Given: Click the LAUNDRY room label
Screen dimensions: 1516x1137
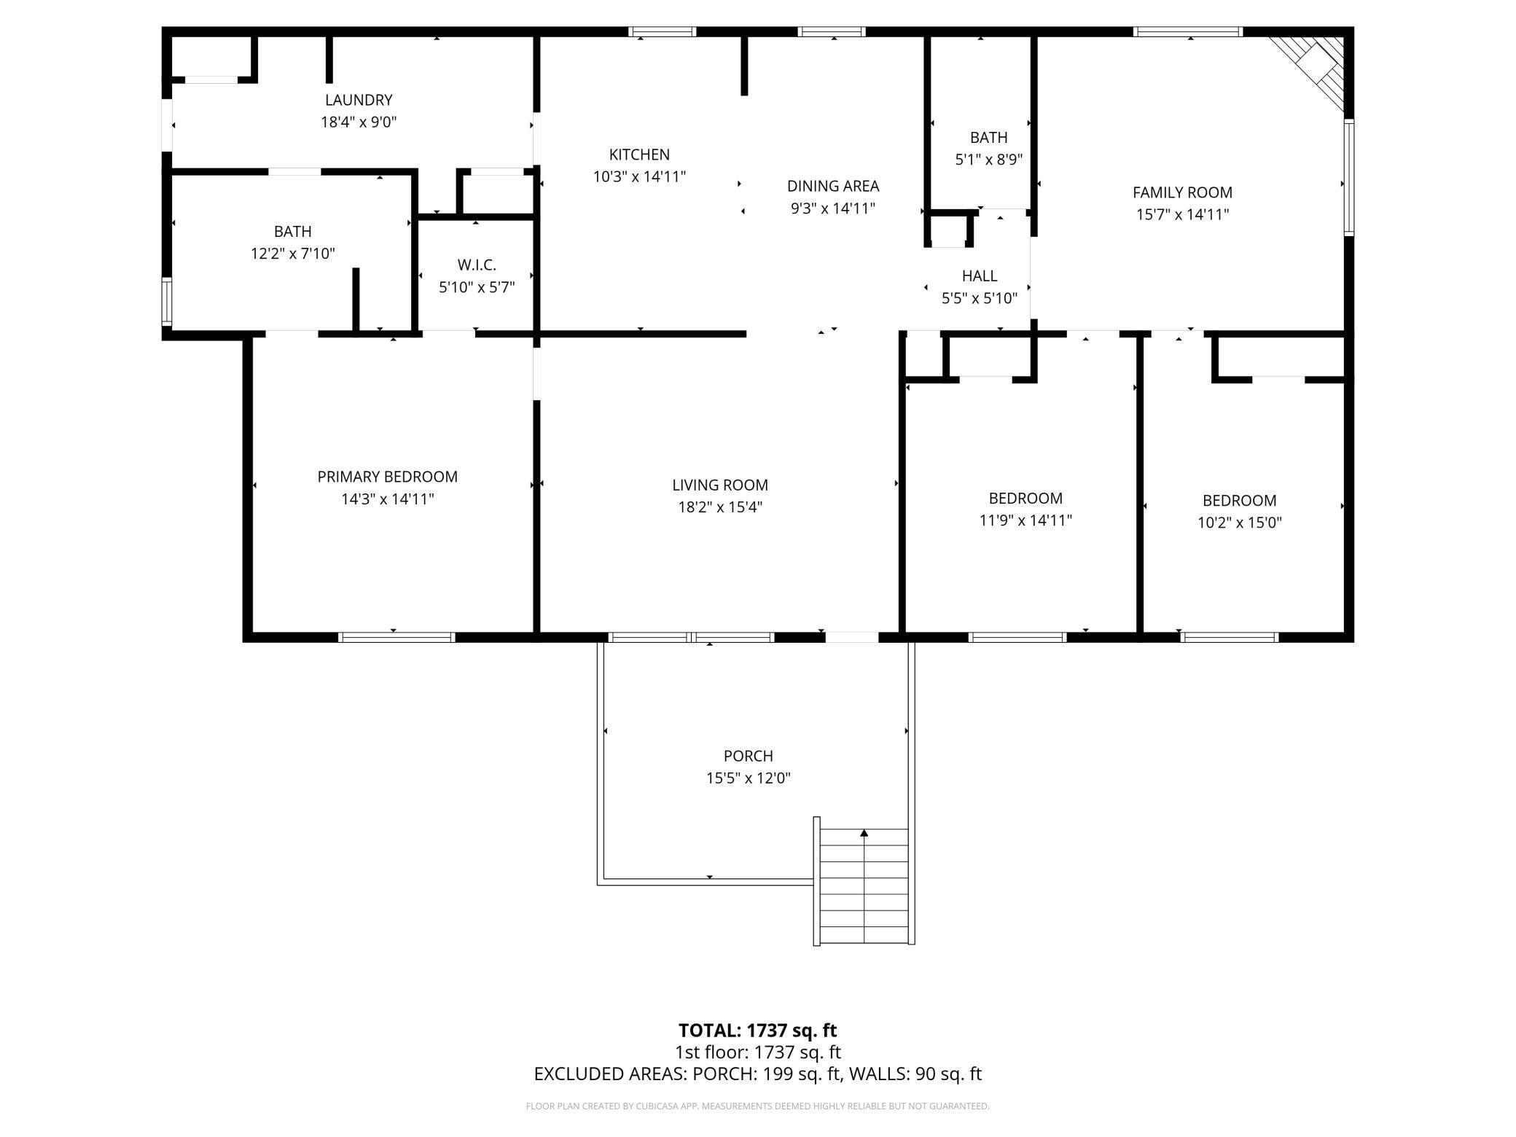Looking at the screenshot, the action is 359,100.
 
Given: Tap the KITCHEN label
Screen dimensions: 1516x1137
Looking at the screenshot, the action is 639,155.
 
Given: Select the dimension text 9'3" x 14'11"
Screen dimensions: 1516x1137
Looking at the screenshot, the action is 833,208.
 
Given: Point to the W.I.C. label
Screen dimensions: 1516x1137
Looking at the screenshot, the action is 477,265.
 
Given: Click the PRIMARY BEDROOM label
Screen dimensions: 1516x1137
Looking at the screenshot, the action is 387,477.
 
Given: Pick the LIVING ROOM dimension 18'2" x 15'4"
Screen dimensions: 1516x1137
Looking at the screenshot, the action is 720,507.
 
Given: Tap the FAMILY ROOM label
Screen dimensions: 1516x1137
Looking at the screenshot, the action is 1182,192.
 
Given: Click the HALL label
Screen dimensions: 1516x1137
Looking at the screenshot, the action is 980,276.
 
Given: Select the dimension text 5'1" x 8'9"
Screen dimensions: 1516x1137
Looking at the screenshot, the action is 989,160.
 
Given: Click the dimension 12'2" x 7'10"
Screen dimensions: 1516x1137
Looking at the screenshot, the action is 293,254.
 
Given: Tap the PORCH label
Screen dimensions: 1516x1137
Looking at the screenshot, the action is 748,756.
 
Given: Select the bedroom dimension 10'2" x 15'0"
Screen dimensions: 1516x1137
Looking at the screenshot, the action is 1239,523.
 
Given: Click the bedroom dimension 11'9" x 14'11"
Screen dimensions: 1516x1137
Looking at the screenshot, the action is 1025,520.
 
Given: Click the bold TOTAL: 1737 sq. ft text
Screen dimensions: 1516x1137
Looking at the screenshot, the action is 757,1031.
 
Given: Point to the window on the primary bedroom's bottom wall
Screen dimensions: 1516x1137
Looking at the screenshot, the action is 396,637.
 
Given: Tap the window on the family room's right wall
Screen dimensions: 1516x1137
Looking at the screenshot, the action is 1349,177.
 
